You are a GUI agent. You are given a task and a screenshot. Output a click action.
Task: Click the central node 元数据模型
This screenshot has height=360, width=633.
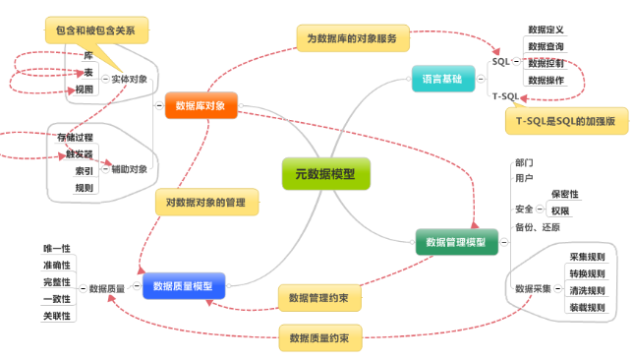325,174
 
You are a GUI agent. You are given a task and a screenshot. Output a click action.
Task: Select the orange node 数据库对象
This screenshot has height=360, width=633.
201,105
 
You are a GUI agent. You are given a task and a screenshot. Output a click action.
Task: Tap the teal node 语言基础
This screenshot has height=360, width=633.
441,80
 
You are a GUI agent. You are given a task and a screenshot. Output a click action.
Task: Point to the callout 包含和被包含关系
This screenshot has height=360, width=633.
96,30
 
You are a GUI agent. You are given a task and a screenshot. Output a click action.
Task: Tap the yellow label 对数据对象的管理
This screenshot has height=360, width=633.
206,202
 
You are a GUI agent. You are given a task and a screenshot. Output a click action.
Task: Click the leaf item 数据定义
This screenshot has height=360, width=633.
546,30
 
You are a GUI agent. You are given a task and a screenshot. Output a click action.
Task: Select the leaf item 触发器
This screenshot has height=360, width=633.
80,154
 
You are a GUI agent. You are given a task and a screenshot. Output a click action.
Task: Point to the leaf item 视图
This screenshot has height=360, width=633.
85,90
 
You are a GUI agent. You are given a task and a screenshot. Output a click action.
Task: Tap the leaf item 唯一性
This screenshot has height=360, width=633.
57,249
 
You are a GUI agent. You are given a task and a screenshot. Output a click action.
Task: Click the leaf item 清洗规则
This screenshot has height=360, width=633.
586,290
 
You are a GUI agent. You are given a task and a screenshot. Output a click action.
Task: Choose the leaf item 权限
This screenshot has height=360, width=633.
559,210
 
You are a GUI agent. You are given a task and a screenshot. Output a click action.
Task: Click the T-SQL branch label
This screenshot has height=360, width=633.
505,95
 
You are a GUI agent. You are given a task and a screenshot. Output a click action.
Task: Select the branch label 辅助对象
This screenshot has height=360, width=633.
130,169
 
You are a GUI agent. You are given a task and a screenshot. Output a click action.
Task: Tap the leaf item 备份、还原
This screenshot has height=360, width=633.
537,227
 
